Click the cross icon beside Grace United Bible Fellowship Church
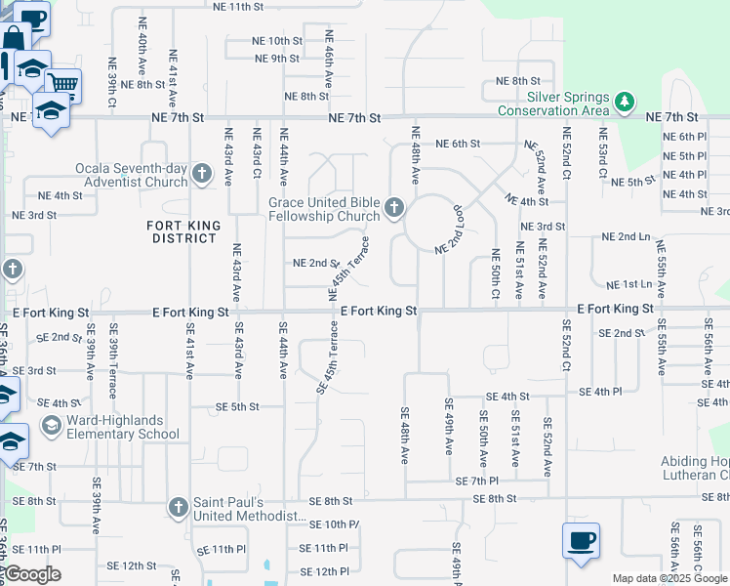pyautogui.click(x=394, y=207)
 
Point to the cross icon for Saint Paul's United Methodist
pyautogui.click(x=178, y=508)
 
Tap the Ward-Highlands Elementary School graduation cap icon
pyautogui.click(x=51, y=426)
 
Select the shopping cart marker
pyautogui.click(x=62, y=85)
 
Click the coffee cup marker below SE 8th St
pyautogui.click(x=581, y=541)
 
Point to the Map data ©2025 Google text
pyautogui.click(x=669, y=578)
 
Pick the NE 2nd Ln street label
pyautogui.click(x=626, y=236)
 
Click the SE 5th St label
pyautogui.click(x=237, y=406)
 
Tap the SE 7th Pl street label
pyautogui.click(x=477, y=481)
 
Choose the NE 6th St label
pyautogui.click(x=458, y=144)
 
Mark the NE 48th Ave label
pyautogui.click(x=416, y=156)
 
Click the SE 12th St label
pyautogui.click(x=132, y=565)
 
